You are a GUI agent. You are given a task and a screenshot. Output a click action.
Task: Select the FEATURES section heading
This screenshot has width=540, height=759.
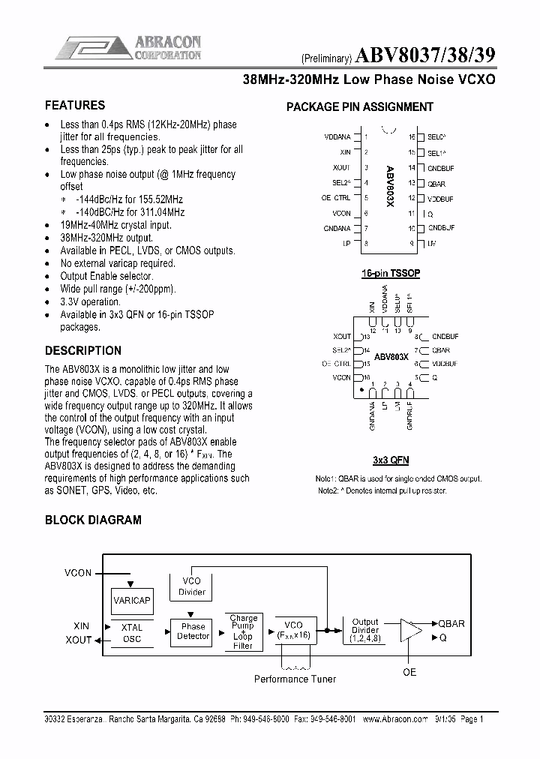point(75,106)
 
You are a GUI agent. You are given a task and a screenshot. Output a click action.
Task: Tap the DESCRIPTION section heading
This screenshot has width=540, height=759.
point(83,350)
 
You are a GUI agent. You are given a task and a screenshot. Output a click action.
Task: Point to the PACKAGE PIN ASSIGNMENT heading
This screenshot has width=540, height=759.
point(360,106)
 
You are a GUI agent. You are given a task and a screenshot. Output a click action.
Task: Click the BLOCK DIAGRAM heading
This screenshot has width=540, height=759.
point(93,520)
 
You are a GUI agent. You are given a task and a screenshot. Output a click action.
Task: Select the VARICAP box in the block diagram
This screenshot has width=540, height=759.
point(132,601)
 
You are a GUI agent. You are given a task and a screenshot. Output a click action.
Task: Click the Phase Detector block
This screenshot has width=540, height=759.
point(193,631)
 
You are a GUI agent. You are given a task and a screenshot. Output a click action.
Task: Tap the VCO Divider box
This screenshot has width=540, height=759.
point(192,586)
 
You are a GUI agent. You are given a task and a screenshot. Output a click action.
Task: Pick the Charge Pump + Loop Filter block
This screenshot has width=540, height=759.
point(243,631)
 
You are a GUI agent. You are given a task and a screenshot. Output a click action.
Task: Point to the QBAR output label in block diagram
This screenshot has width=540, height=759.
point(451,623)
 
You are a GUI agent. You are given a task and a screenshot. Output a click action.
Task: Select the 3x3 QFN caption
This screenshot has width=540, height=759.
point(390,460)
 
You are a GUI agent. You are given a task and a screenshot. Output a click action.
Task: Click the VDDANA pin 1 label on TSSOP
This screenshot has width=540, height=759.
point(337,137)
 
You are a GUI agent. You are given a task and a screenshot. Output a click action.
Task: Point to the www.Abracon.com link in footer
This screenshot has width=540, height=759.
point(394,718)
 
